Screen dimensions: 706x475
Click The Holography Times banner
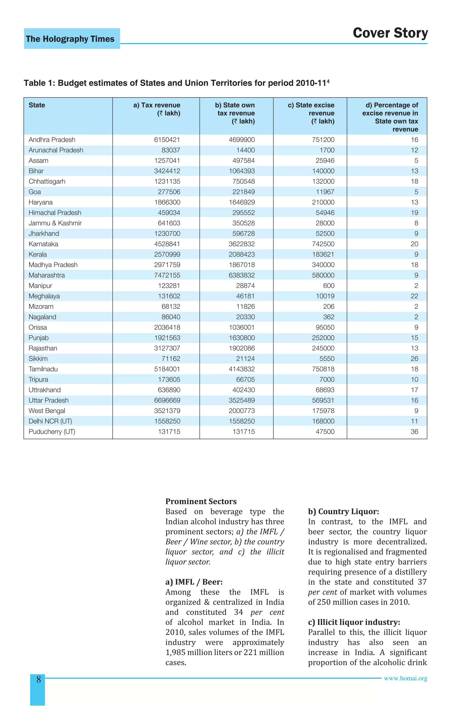pyautogui.click(x=70, y=39)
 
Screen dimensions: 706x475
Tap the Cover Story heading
pyautogui.click(x=390, y=33)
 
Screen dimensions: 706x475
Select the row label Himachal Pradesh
pyautogui.click(x=55, y=213)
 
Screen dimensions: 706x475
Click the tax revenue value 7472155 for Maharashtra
pyautogui.click(x=167, y=275)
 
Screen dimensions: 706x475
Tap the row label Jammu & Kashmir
pyautogui.click(x=55, y=223)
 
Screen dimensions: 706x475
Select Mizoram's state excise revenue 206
pyautogui.click(x=328, y=307)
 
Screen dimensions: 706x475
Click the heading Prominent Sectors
pyautogui.click(x=201, y=501)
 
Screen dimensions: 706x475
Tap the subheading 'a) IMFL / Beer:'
pyautogui.click(x=194, y=582)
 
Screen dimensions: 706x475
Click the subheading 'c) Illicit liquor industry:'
pyautogui.click(x=354, y=622)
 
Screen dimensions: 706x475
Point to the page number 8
pyautogui.click(x=39, y=679)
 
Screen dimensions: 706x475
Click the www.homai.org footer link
pyautogui.click(x=405, y=678)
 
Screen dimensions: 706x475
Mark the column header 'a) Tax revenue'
pyautogui.click(x=157, y=109)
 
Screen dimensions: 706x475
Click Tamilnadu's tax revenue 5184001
pyautogui.click(x=167, y=369)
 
